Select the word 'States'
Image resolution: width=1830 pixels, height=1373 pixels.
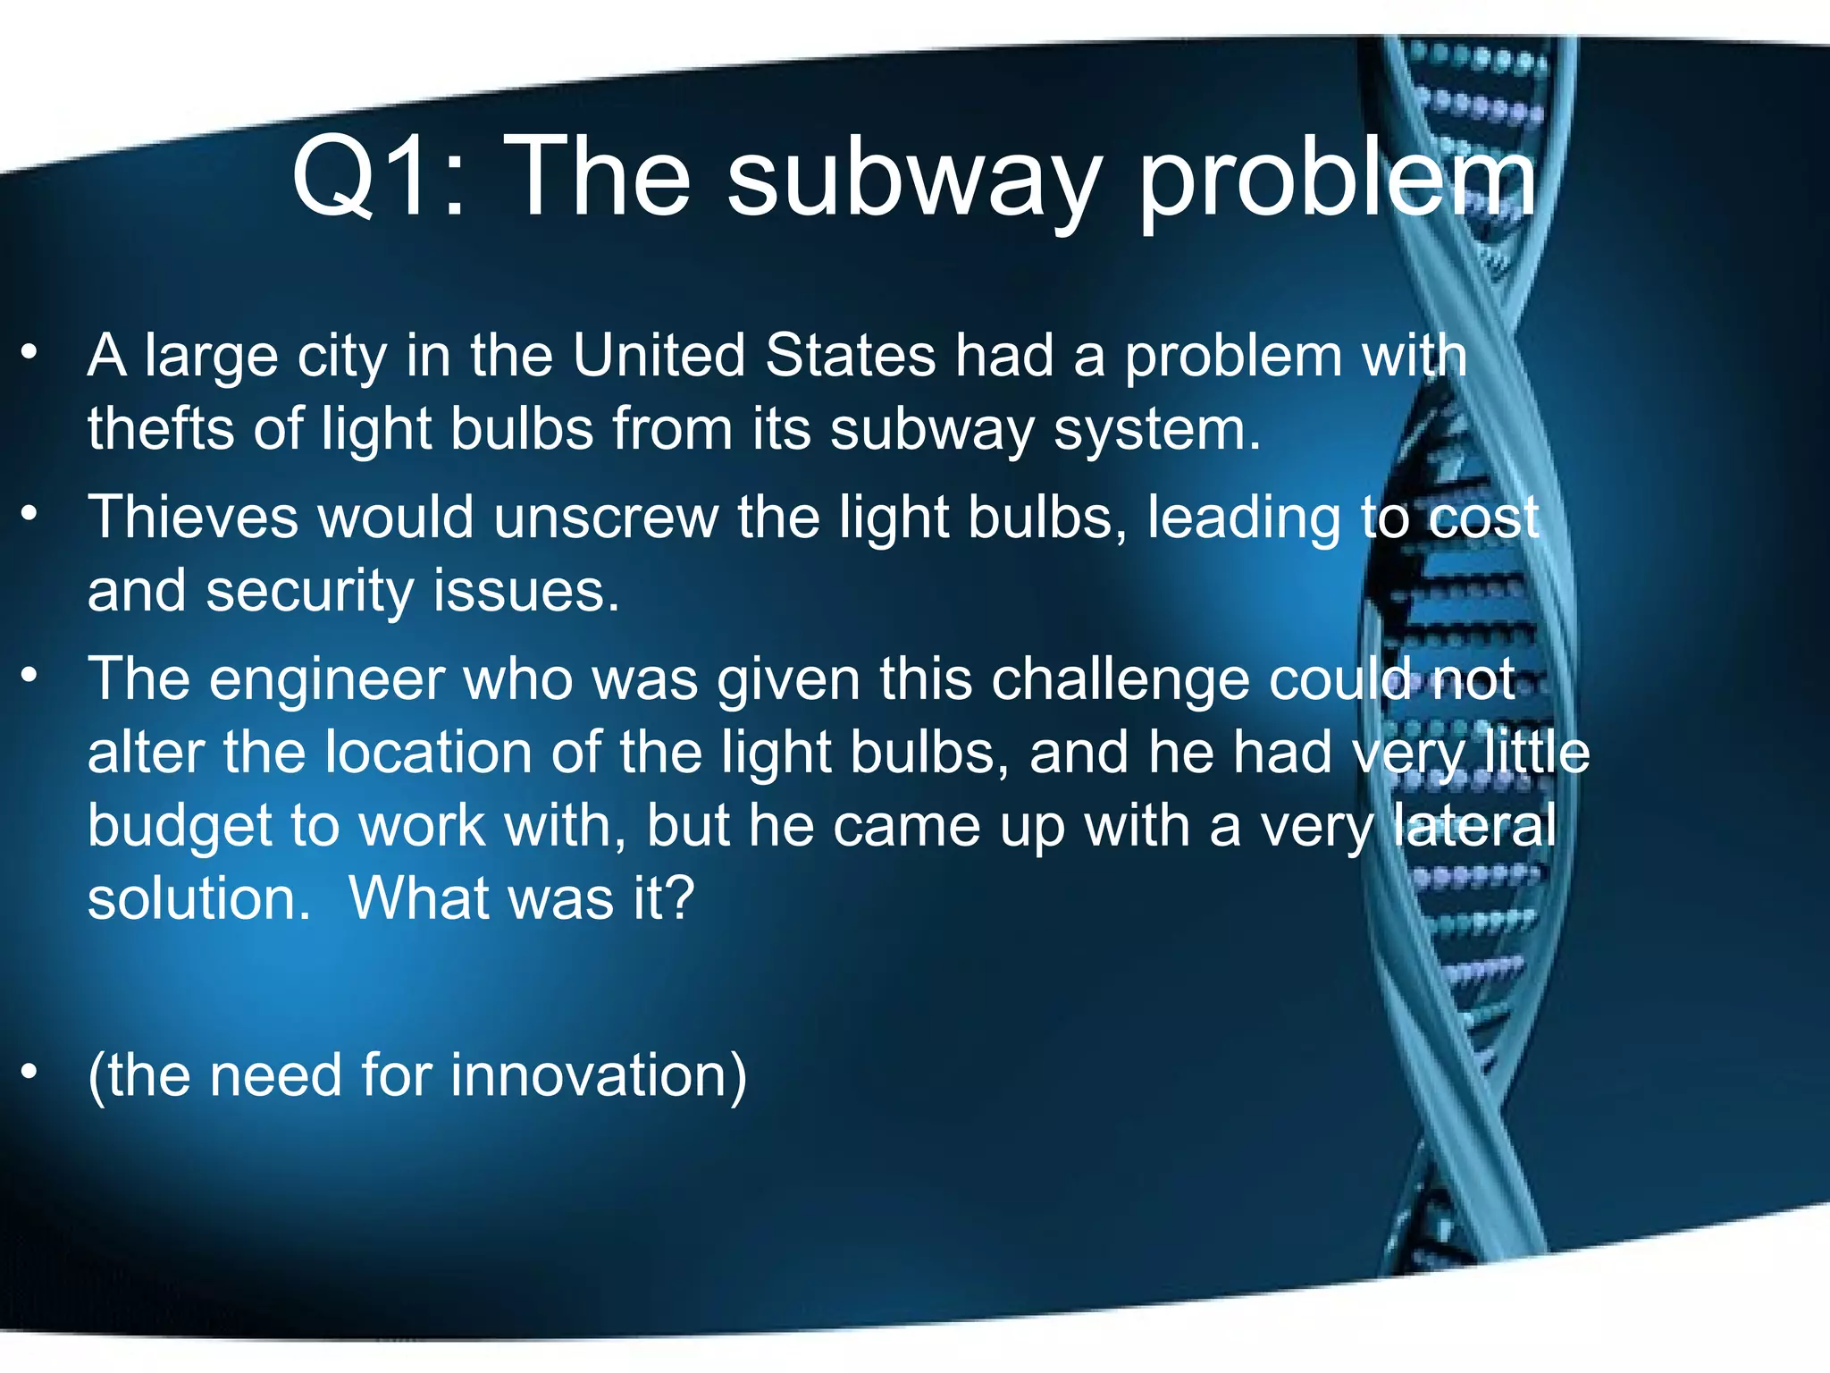(850, 356)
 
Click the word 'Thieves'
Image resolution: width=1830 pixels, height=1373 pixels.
(192, 518)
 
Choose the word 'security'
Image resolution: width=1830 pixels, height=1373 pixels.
(309, 592)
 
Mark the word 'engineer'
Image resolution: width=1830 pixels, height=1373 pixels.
(327, 680)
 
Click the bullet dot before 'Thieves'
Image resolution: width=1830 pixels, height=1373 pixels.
(30, 514)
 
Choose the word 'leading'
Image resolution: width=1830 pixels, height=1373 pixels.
(1243, 519)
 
